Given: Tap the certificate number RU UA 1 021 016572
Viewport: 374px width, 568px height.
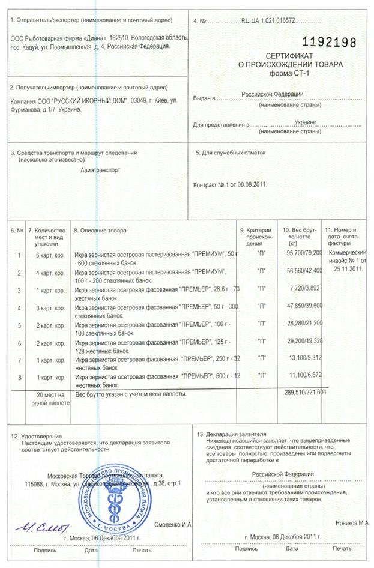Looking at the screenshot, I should (268, 20).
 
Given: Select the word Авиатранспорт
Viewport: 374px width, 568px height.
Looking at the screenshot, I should (100, 170).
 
